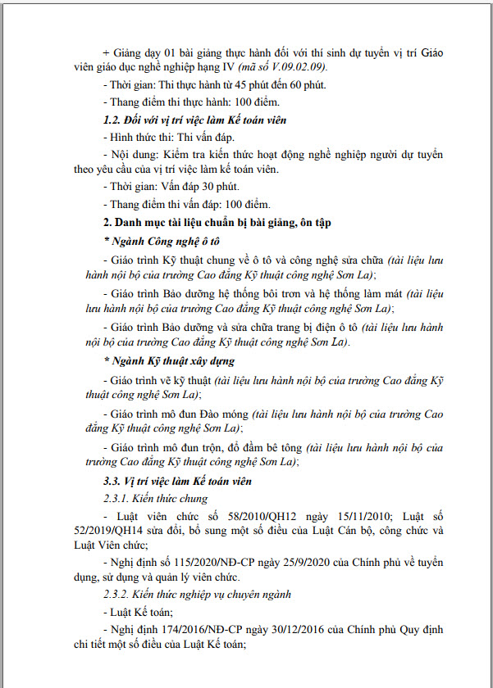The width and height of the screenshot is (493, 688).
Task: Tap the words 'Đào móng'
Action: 223,413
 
